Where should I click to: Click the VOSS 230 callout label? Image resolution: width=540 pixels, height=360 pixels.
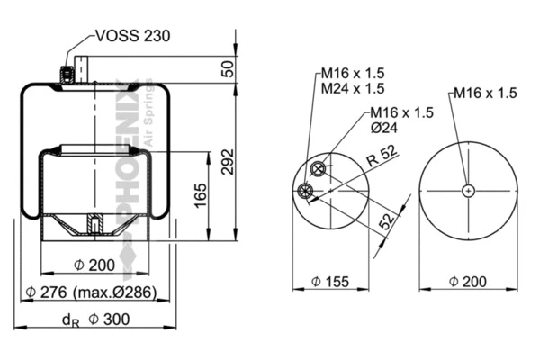pos(132,37)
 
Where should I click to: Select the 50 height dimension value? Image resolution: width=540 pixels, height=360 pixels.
pos(229,68)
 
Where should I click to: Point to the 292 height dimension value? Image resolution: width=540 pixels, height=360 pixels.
pos(229,162)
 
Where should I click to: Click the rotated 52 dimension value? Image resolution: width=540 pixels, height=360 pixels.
pos(384,220)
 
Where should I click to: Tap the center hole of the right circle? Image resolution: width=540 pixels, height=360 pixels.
pos(468,190)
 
